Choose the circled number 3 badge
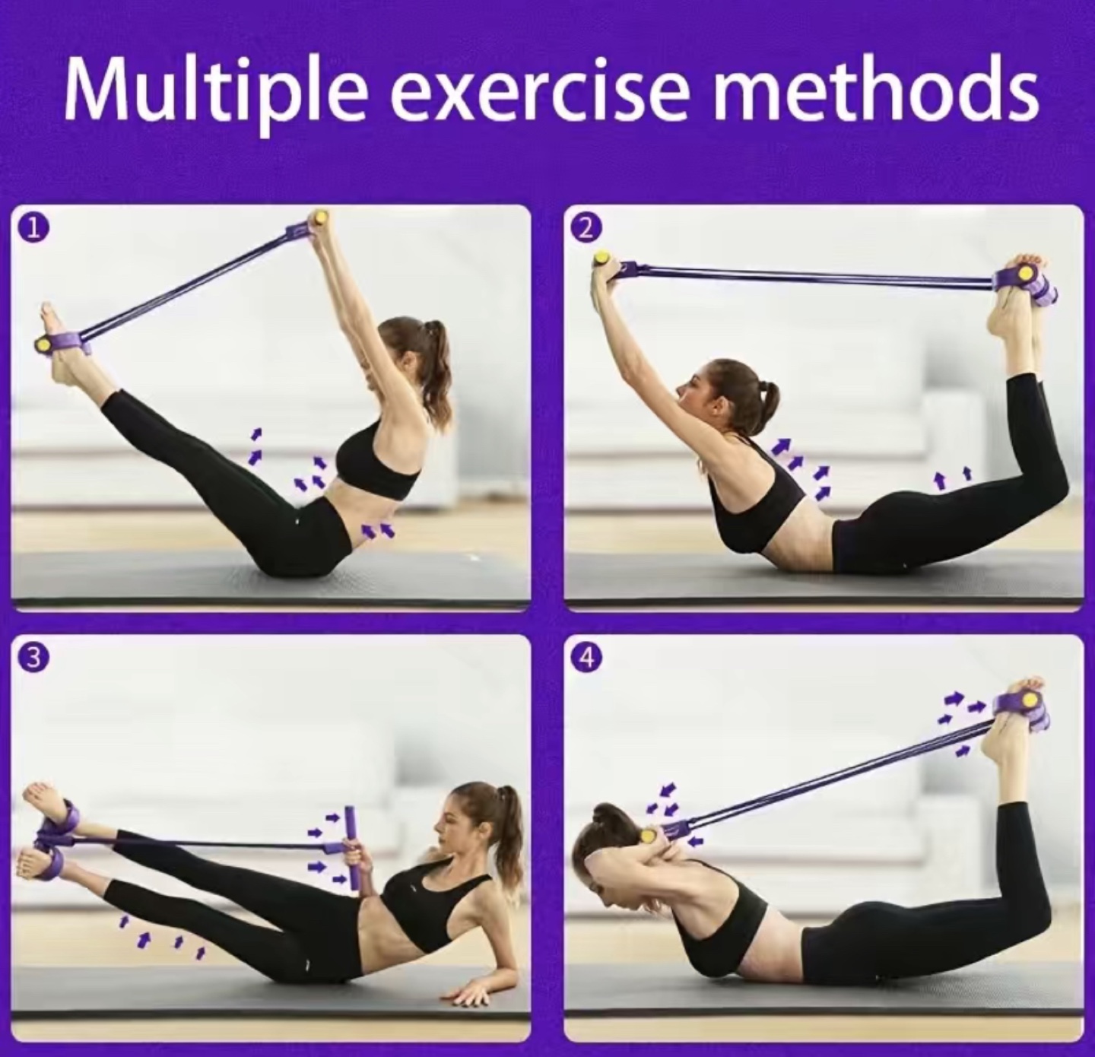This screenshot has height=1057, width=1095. pos(34,659)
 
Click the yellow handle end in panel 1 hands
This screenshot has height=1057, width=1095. pos(319,217)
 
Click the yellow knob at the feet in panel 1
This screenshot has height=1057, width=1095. pos(42,343)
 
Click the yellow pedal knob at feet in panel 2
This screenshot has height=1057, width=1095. pos(1024,273)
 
